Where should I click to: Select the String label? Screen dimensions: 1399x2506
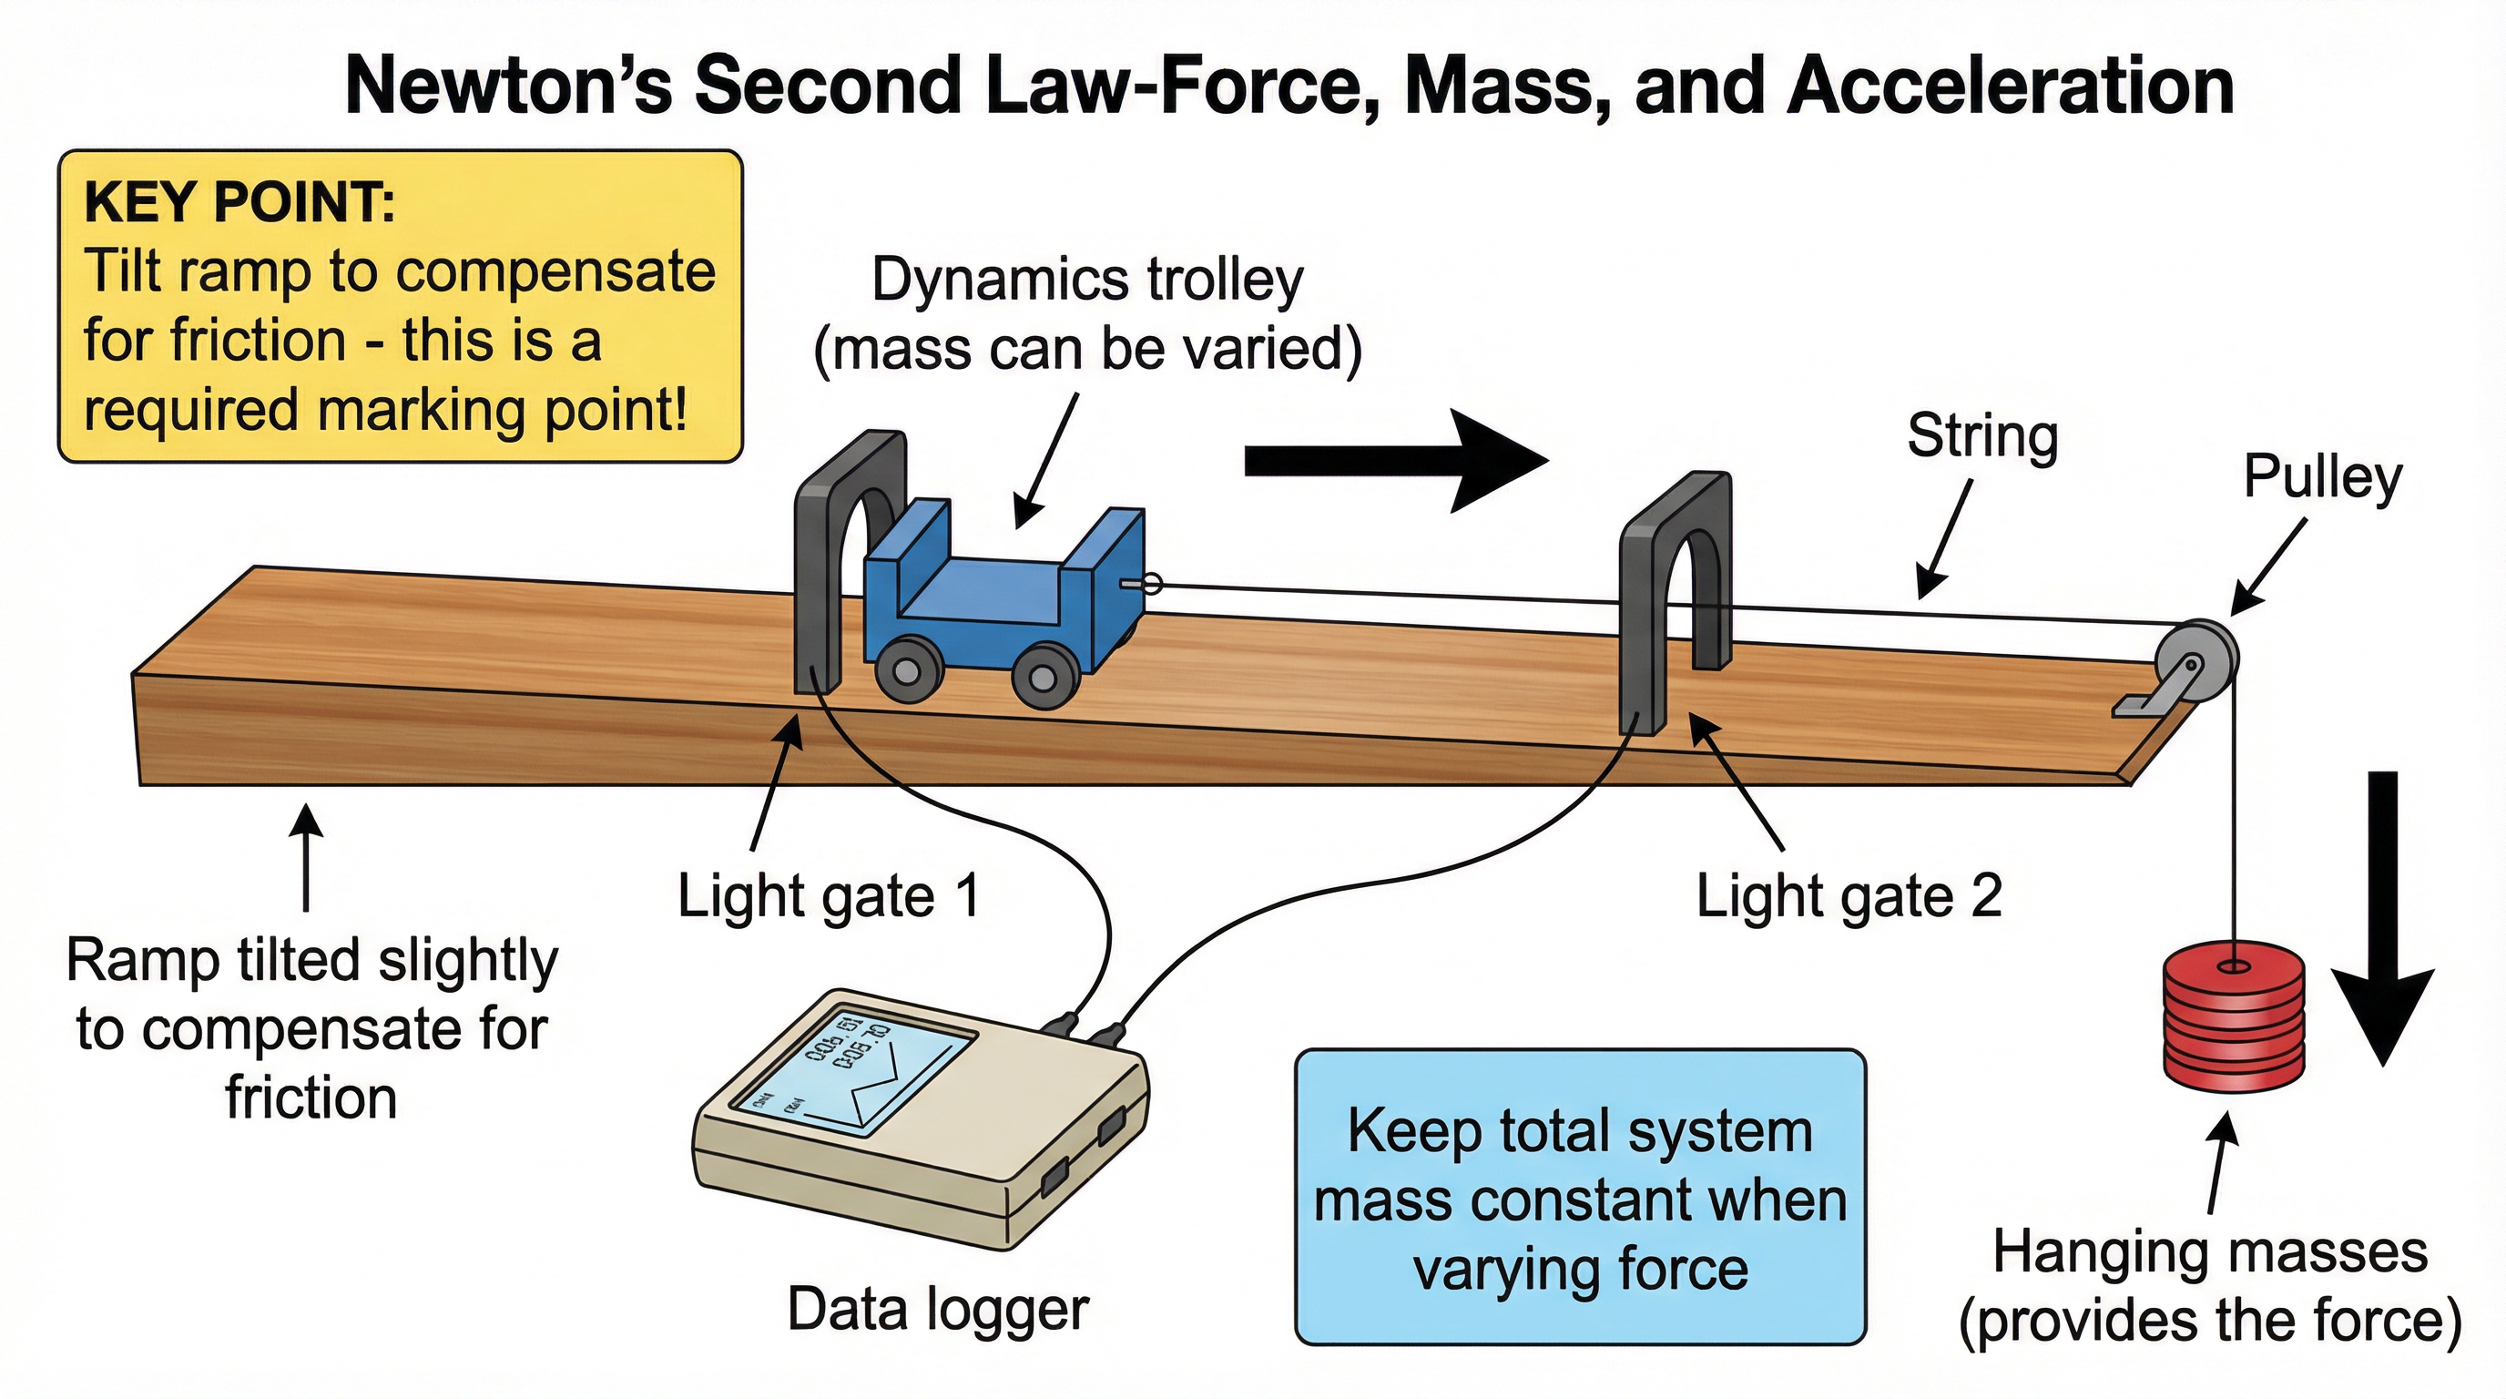pyautogui.click(x=1981, y=436)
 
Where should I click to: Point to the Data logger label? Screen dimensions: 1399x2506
pyautogui.click(x=938, y=1310)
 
